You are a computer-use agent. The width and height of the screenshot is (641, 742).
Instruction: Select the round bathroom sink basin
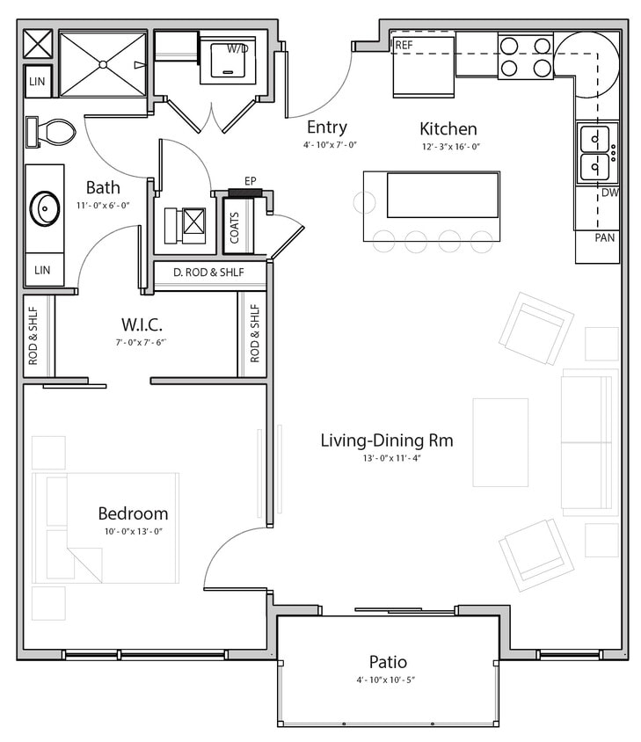[x=45, y=208]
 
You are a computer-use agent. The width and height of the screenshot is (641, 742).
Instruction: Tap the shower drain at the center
[x=103, y=64]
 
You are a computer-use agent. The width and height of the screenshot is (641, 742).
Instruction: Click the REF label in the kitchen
[x=404, y=45]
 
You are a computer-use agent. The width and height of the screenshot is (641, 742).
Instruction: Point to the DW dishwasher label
[x=608, y=192]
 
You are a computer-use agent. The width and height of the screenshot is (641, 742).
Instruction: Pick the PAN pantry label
[x=604, y=237]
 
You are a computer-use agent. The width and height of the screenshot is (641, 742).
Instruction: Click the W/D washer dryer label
[x=237, y=48]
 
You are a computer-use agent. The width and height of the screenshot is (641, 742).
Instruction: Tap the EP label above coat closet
[x=251, y=181]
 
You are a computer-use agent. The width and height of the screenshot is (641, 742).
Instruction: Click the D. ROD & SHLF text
[x=208, y=273]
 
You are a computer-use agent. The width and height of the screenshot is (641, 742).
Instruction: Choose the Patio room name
[x=388, y=661]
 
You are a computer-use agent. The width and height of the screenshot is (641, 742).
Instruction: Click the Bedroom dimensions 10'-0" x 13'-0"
[x=132, y=532]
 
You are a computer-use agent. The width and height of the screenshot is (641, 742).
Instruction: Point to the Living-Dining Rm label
[x=387, y=440]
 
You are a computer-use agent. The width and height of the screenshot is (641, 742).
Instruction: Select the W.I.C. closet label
[x=141, y=325]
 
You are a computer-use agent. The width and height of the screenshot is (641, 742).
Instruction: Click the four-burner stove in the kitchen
[x=525, y=56]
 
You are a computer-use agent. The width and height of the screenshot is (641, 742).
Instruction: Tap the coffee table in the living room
[x=500, y=442]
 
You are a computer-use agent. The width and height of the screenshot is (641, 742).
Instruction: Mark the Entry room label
[x=326, y=127]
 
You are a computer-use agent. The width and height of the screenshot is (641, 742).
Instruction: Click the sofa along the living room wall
[x=588, y=441]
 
